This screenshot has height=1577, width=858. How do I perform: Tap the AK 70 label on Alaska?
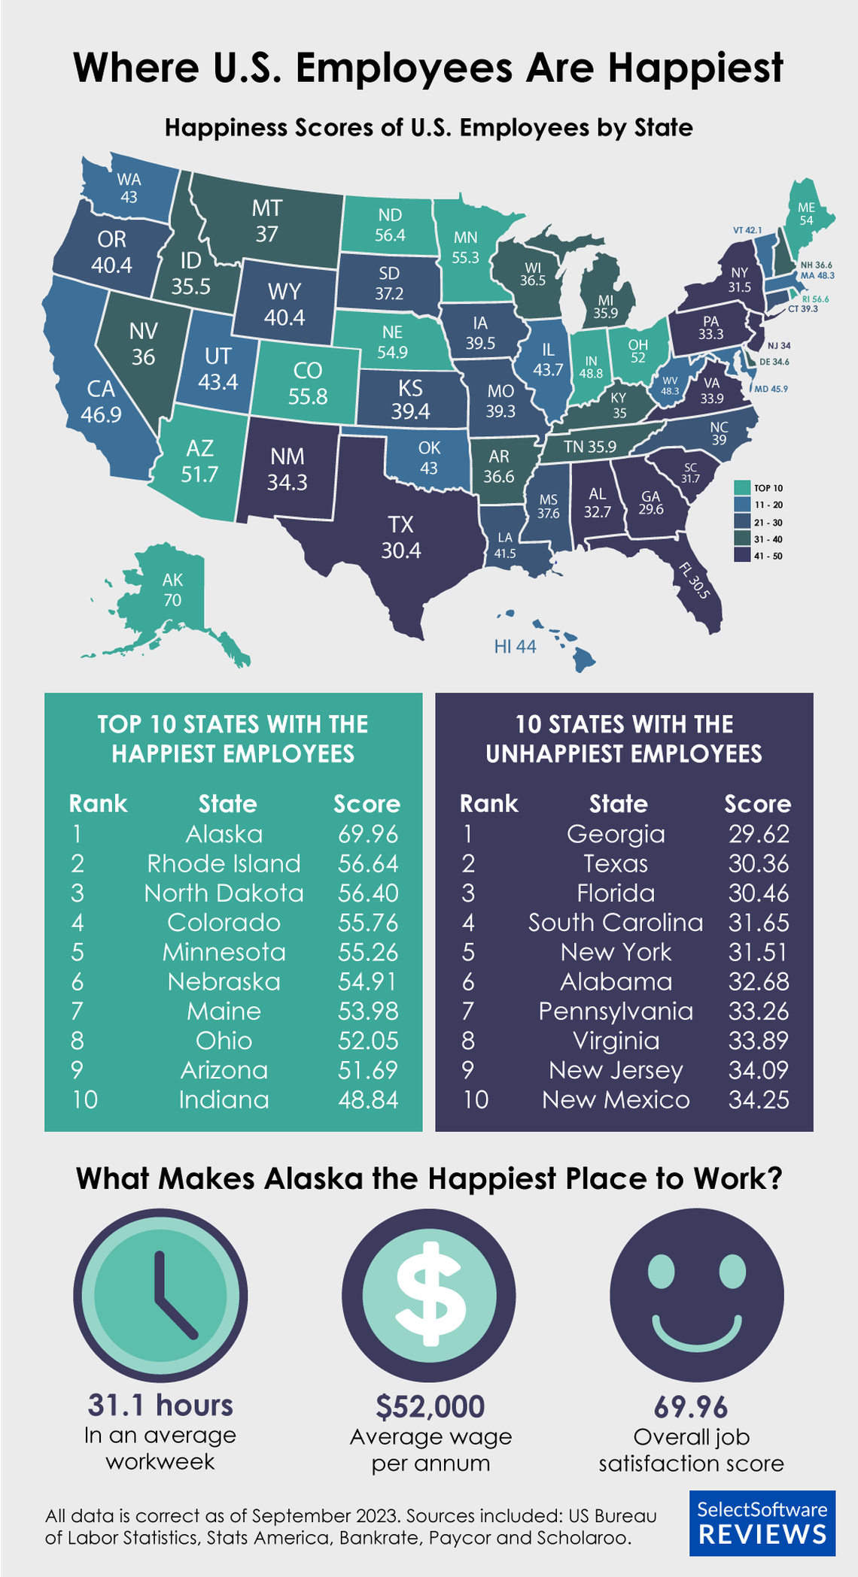pyautogui.click(x=172, y=590)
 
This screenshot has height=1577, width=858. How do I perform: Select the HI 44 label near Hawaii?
pyautogui.click(x=515, y=646)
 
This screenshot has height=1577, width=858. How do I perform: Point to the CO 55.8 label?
pyautogui.click(x=307, y=383)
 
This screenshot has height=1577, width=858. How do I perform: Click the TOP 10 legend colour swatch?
pyautogui.click(x=741, y=487)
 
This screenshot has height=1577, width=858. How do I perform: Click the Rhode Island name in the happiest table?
pyautogui.click(x=224, y=863)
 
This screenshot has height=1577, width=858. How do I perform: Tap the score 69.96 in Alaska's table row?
pyautogui.click(x=367, y=834)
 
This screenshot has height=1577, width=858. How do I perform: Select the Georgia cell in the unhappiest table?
pyautogui.click(x=616, y=834)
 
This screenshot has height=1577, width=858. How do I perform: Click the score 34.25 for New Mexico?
pyautogui.click(x=759, y=1099)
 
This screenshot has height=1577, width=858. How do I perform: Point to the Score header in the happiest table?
pyautogui.click(x=367, y=804)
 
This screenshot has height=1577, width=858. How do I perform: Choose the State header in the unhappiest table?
pyautogui.click(x=618, y=804)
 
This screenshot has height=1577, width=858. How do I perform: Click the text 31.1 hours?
pyautogui.click(x=160, y=1405)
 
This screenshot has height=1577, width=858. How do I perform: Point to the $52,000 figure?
pyautogui.click(x=431, y=1406)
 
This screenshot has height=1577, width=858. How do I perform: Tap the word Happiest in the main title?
pyautogui.click(x=695, y=68)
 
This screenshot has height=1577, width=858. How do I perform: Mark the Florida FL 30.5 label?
pyautogui.click(x=694, y=580)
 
